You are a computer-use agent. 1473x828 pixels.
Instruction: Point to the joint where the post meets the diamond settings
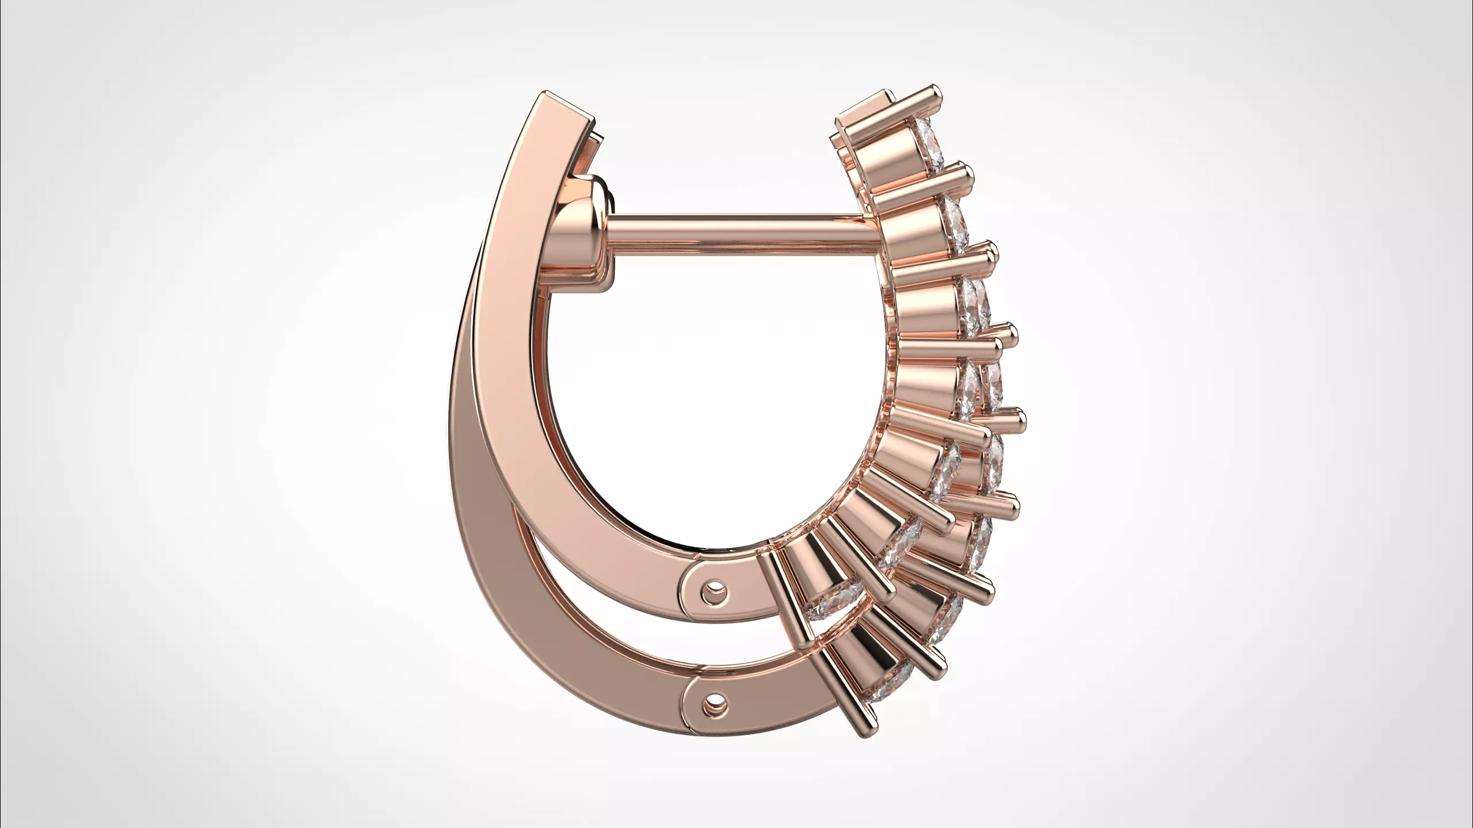point(872,222)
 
